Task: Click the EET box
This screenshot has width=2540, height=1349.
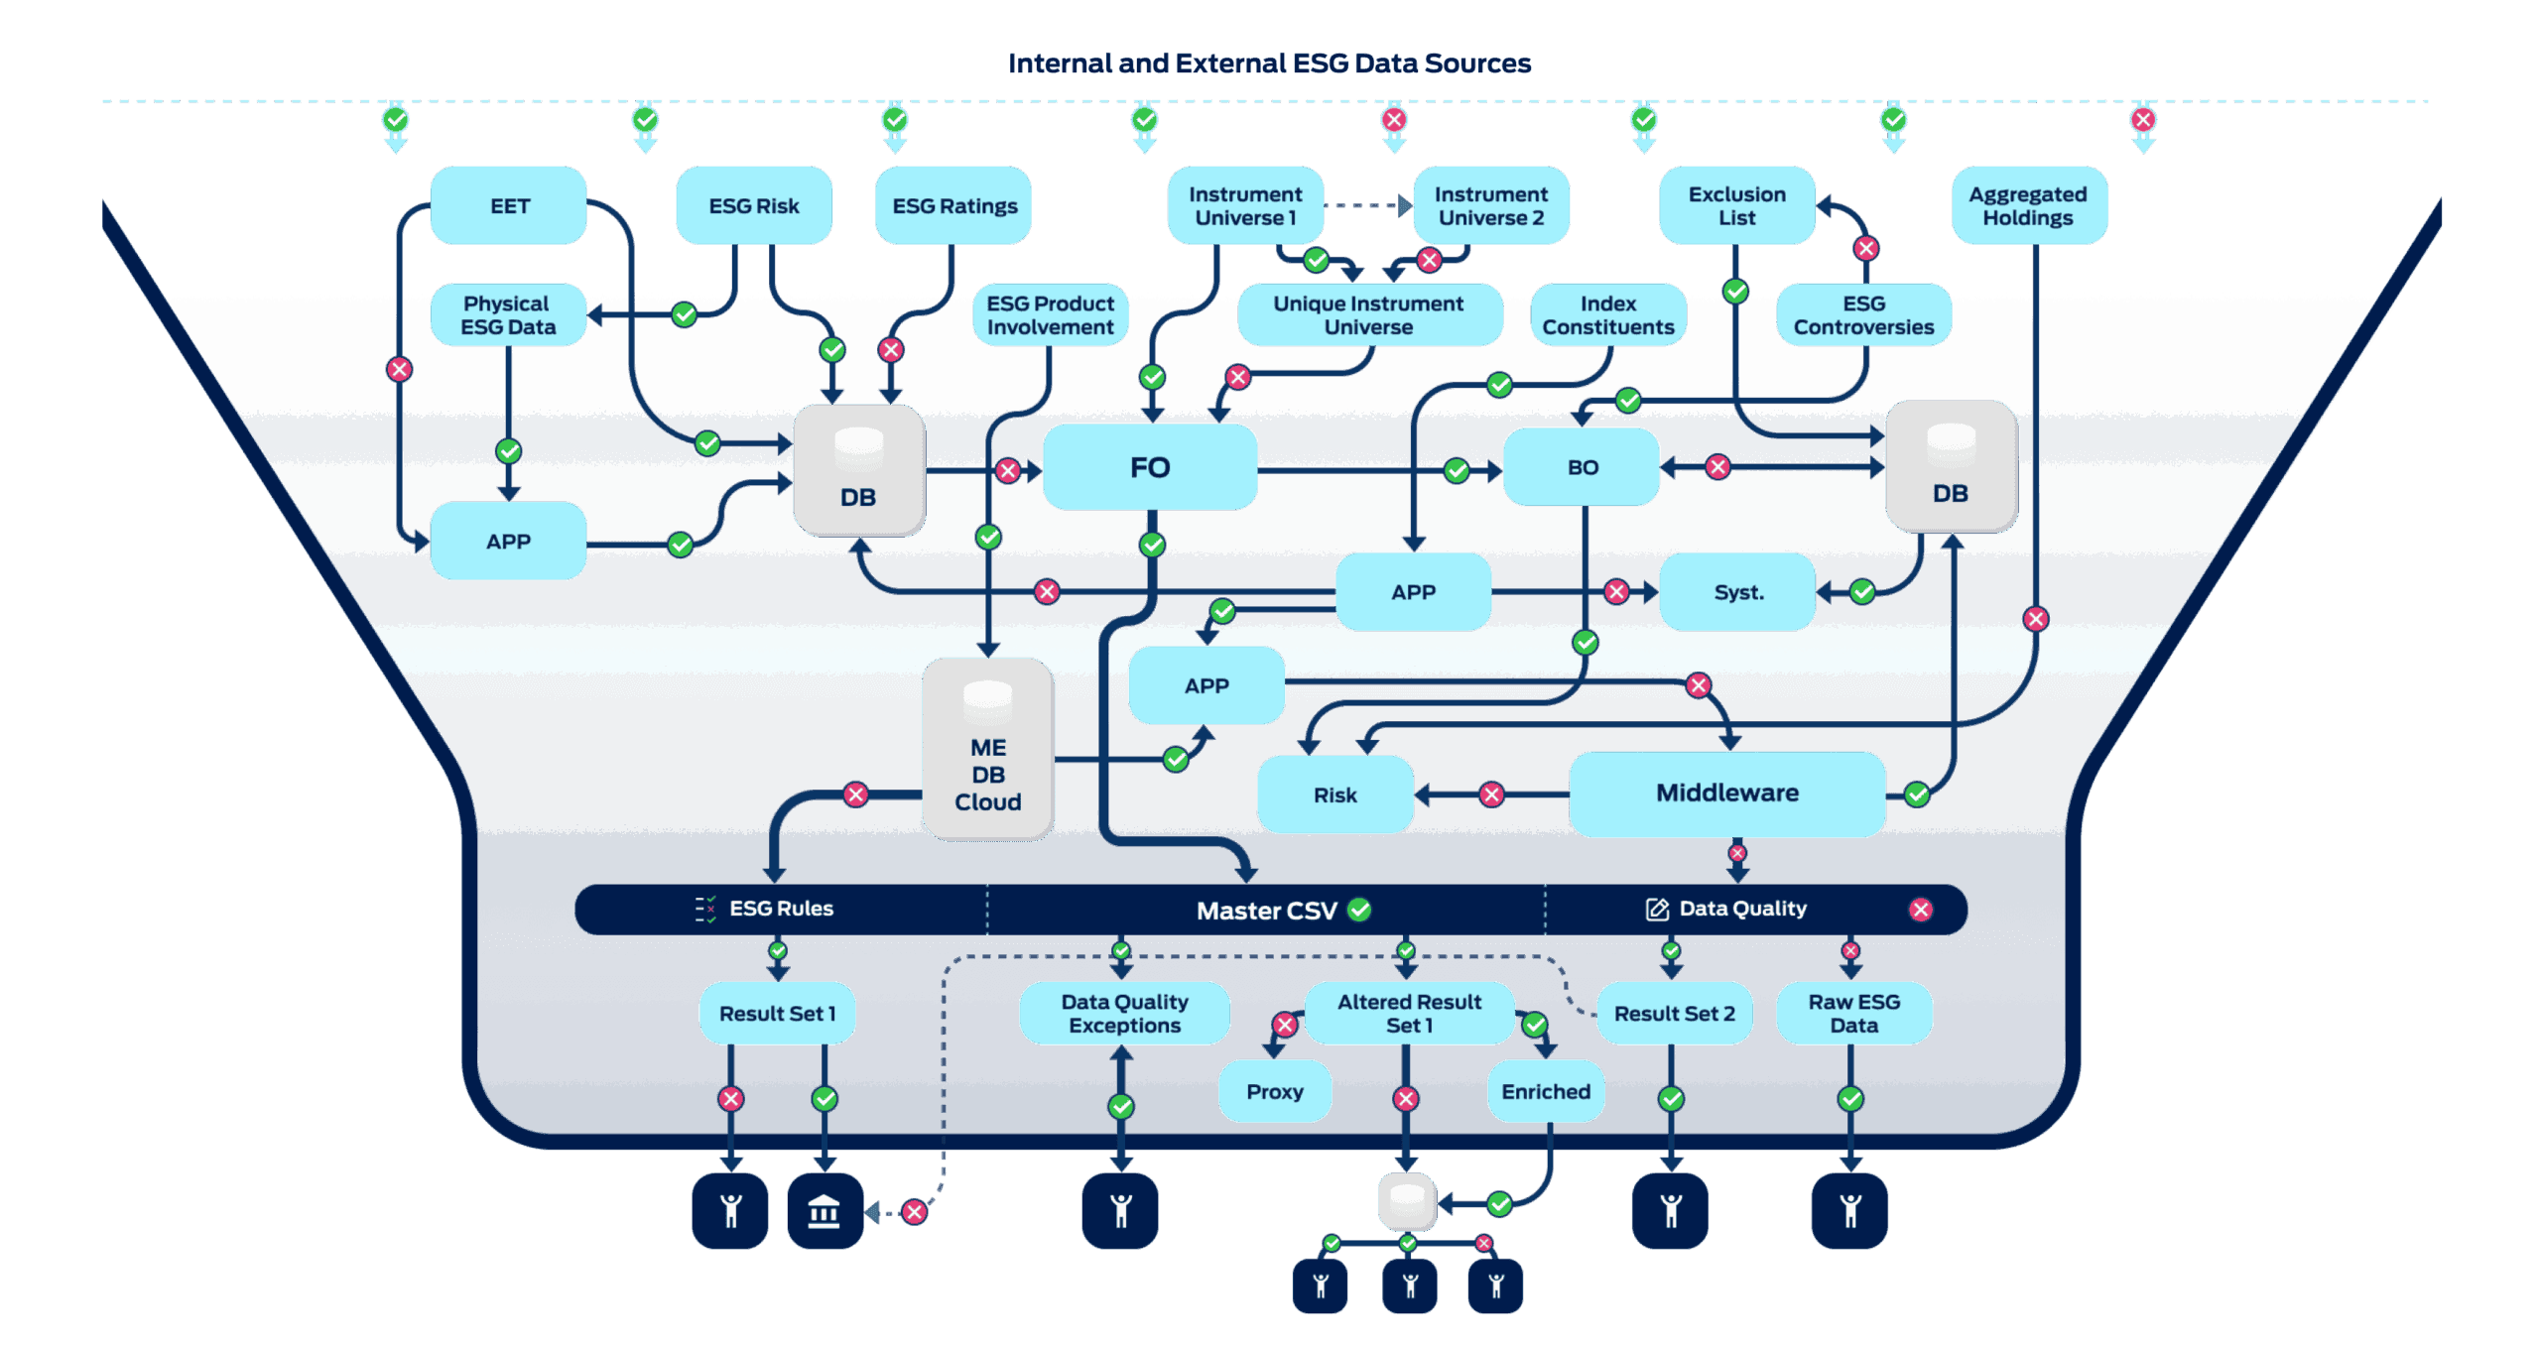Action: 508,205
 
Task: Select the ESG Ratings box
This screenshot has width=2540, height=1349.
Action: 953,205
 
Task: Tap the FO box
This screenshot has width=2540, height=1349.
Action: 1150,467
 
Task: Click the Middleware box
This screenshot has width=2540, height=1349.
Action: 1726,793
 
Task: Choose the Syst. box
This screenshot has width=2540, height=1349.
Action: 1737,592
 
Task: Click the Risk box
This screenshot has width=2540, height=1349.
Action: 1334,795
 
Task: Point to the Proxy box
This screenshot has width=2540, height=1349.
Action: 1275,1091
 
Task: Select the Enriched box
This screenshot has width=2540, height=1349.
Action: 1545,1091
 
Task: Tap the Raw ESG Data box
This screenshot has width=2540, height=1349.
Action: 1853,1014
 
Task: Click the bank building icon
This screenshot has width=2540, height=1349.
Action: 825,1211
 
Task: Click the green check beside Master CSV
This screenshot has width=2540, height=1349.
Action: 1360,910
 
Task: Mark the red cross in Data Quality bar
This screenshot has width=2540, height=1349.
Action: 1921,910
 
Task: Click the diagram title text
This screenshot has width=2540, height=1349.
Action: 1269,63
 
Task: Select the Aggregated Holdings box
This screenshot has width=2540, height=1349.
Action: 2029,205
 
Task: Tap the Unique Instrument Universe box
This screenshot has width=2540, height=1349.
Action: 1369,315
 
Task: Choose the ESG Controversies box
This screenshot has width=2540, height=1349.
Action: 1863,315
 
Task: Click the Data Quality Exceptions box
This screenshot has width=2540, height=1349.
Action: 1124,1014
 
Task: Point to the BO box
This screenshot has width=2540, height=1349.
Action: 1582,467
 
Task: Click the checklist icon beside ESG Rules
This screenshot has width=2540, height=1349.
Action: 705,909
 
